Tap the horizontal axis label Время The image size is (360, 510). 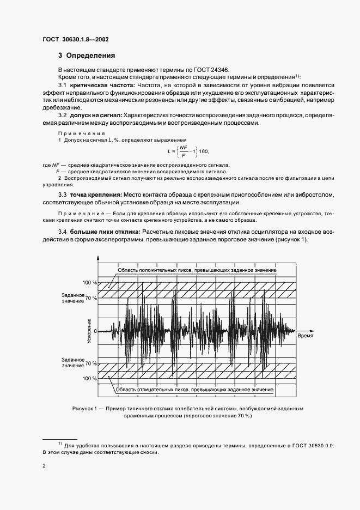pyautogui.click(x=304, y=337)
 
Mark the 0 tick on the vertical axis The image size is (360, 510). pyautogui.click(x=95, y=331)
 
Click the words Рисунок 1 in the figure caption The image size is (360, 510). pyautogui.click(x=84, y=408)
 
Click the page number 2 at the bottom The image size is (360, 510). pyautogui.click(x=44, y=466)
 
